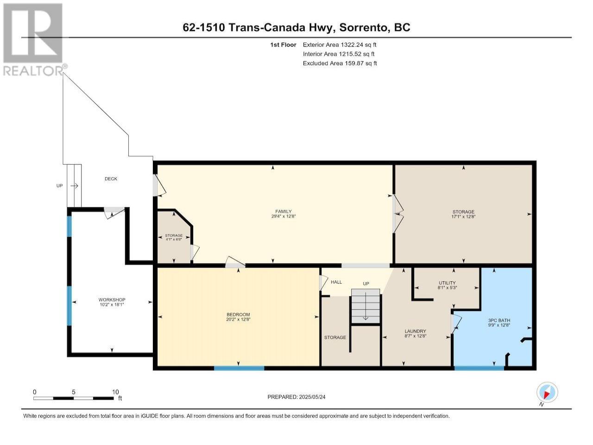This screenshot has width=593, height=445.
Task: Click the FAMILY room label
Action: (284, 211)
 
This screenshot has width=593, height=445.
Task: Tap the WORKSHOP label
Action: (112, 299)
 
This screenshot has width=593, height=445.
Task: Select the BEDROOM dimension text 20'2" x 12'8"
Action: (238, 319)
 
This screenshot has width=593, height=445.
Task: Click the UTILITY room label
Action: (447, 283)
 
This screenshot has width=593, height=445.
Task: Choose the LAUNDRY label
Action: (415, 331)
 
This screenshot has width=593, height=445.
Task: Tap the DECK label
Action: (111, 178)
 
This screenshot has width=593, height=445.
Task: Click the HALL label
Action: (336, 282)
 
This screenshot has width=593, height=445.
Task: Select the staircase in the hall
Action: (366, 306)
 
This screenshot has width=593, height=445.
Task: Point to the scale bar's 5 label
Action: (74, 392)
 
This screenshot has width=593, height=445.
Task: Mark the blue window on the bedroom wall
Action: (239, 368)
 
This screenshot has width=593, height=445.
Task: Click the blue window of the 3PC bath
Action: (479, 368)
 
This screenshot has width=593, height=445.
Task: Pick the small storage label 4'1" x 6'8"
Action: (174, 239)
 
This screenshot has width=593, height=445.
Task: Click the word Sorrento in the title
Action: (363, 27)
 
